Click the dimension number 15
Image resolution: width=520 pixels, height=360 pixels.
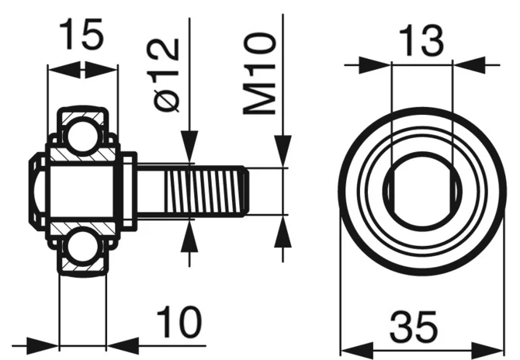81,34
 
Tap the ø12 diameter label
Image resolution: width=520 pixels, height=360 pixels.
167,74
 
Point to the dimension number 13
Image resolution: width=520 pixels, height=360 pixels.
421,40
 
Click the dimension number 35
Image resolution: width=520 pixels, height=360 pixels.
414,326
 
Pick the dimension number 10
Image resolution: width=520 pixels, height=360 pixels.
179,321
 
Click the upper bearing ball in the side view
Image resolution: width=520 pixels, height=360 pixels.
82,136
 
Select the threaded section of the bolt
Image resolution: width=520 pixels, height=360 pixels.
206,192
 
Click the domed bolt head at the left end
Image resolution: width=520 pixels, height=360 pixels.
36,192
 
